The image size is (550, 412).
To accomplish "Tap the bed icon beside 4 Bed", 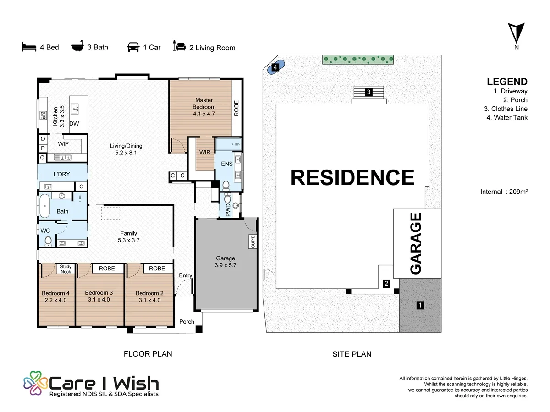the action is click(x=29, y=47).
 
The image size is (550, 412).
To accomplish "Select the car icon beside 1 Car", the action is click(x=133, y=47).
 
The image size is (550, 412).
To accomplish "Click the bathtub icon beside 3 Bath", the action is click(x=77, y=46).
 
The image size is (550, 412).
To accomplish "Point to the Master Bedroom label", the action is click(x=204, y=107).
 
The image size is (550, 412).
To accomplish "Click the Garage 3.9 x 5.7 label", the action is click(x=225, y=262).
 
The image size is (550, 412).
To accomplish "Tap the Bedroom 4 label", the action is click(x=55, y=297).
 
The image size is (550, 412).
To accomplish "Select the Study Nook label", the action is click(x=66, y=269).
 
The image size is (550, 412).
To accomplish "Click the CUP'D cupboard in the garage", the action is click(x=253, y=242).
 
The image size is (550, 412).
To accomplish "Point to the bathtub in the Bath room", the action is click(x=45, y=206).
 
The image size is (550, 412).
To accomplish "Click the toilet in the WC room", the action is click(x=48, y=242).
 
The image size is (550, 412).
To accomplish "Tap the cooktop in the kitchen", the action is click(x=43, y=115).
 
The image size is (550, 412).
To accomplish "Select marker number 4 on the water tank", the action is click(x=275, y=67).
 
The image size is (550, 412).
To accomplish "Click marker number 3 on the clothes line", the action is click(x=368, y=92).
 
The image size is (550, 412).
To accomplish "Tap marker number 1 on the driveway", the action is click(x=420, y=305).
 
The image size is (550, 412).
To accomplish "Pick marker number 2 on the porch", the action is click(x=386, y=284).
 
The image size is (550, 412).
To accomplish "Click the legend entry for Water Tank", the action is click(x=507, y=117).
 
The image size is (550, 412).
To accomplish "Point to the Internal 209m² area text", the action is click(x=504, y=192).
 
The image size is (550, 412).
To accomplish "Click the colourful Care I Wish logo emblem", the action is click(x=36, y=383).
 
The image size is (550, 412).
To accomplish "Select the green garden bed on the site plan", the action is click(x=358, y=60).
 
